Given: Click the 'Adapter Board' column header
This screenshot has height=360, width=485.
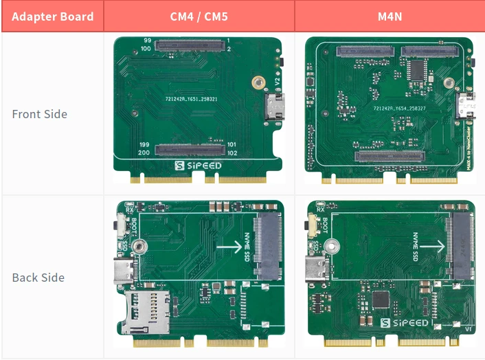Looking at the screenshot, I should click(x=53, y=16).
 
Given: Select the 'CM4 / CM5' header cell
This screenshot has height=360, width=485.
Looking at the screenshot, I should click(x=199, y=16).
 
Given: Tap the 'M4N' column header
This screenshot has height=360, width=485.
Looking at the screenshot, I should click(x=390, y=16).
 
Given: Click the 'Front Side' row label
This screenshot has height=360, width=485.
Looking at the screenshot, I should click(x=39, y=114).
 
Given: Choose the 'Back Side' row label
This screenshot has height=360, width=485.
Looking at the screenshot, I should click(x=38, y=278).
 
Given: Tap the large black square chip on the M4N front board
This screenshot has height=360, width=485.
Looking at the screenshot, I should click(x=418, y=69).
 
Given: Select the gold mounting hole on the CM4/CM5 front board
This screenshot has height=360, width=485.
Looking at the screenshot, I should click(x=258, y=82).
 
